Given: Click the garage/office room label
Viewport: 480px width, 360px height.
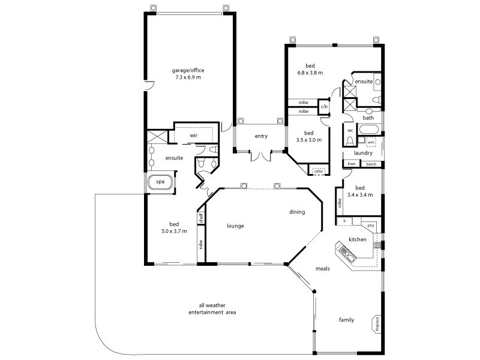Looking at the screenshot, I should click(187, 74).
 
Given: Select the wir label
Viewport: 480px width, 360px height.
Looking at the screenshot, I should click(193, 136).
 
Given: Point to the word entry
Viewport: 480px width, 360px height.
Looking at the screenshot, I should click(260, 136).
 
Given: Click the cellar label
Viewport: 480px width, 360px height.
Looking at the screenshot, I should click(319, 172).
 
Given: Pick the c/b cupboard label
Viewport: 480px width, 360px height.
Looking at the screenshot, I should click(324, 107).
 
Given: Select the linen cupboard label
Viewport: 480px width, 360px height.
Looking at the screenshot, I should click(352, 164).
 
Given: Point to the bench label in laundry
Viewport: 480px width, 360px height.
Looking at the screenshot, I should click(371, 164).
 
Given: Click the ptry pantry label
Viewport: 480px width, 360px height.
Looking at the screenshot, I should click(370, 225).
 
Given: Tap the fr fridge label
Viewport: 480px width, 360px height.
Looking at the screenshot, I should click(344, 221).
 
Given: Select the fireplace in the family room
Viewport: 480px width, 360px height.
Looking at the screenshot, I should click(377, 325).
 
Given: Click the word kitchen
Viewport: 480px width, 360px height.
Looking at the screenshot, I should click(358, 240).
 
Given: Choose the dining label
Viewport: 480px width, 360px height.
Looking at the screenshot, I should click(296, 212).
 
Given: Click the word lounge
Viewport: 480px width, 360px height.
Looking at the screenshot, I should click(235, 226).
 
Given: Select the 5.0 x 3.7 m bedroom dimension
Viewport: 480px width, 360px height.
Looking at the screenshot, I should click(174, 231).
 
